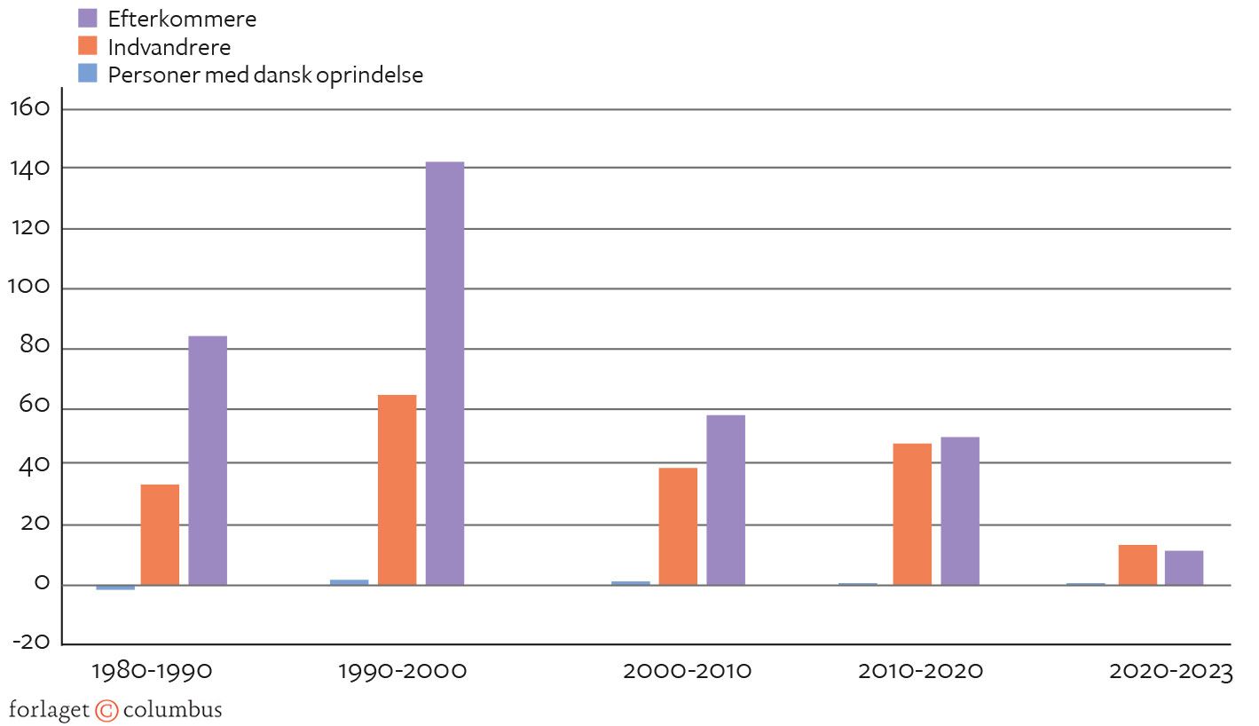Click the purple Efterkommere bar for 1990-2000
pyautogui.click(x=445, y=373)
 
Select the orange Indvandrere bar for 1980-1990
pyautogui.click(x=160, y=534)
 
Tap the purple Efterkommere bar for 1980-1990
pyautogui.click(x=208, y=460)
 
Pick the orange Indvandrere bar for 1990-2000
pyautogui.click(x=397, y=489)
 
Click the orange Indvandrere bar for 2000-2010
pyautogui.click(x=678, y=525)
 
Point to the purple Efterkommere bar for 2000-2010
pyautogui.click(x=726, y=500)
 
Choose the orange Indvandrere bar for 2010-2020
pyautogui.click(x=912, y=514)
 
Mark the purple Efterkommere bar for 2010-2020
pyautogui.click(x=960, y=510)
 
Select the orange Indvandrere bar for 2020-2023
pyautogui.click(x=1137, y=564)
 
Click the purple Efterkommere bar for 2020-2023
pyautogui.click(x=1184, y=568)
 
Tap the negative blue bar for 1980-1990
pyautogui.click(x=115, y=588)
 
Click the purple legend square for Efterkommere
pyautogui.click(x=87, y=18)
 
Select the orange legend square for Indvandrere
pyautogui.click(x=87, y=45)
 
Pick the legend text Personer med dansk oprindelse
pyautogui.click(x=265, y=75)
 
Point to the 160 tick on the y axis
pyautogui.click(x=33, y=108)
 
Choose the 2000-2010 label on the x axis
pyautogui.click(x=687, y=671)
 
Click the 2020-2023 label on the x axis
pyautogui.click(x=1171, y=671)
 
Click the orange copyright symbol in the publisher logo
pyautogui.click(x=106, y=711)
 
